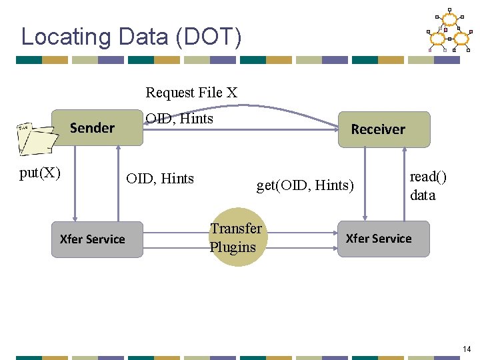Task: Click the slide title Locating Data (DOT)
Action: point(131,37)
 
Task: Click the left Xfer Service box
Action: point(92,239)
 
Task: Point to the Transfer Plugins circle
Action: point(235,238)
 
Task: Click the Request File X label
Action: point(191,93)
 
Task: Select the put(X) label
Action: point(40,173)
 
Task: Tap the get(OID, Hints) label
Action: point(305,185)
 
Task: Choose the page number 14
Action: point(466,349)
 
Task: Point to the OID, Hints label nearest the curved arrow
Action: point(179,119)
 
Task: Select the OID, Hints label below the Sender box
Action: point(160,179)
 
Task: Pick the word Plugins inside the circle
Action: point(233,247)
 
